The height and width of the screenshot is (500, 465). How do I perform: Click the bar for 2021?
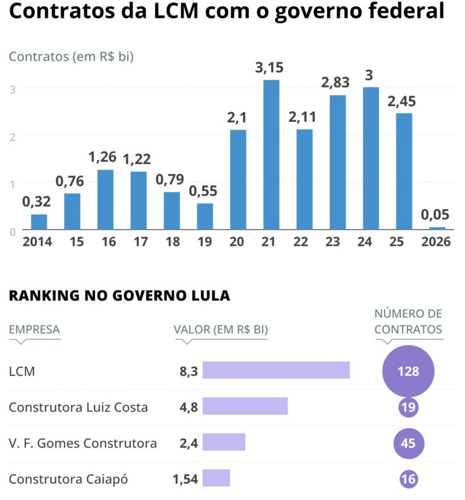pos(271,155)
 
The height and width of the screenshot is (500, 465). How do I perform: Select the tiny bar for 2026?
pos(437,228)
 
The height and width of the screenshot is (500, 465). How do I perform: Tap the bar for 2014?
pos(39,222)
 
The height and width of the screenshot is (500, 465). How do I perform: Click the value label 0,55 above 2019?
pos(205,191)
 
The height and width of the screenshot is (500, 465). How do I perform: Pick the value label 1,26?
pos(105,158)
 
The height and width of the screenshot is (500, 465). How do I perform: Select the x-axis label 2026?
pos(437,242)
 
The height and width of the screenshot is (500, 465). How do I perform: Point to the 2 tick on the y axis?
pos(12,135)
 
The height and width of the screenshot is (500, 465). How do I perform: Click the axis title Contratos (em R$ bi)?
pos(71,57)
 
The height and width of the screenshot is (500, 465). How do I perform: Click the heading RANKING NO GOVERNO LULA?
pos(119,296)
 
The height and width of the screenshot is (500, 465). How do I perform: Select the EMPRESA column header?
pos(34,330)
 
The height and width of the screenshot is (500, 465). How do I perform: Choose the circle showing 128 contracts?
pos(409,371)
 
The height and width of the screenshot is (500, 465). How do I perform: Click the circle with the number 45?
pos(409,443)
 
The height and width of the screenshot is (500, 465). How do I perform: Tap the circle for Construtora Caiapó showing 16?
pos(409,479)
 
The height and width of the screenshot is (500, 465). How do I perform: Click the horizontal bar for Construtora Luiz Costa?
pos(245,406)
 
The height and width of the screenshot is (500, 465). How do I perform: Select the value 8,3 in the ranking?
pos(188,371)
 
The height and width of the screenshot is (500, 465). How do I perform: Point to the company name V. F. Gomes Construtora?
pos(83,443)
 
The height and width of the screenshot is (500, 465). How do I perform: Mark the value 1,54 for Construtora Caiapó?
pos(185,479)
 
